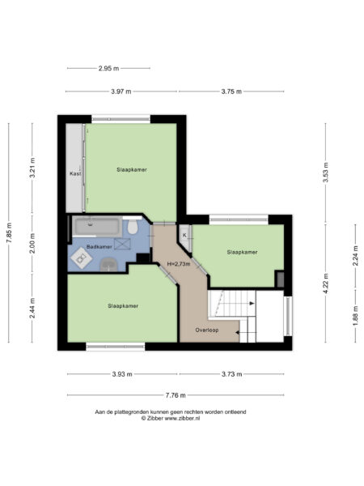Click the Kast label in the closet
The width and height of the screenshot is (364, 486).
click(74, 173)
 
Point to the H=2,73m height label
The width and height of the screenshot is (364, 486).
click(178, 264)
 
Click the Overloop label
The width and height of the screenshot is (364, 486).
click(207, 330)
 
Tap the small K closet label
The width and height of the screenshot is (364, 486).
click(184, 235)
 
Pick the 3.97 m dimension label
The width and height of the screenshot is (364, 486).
click(122, 92)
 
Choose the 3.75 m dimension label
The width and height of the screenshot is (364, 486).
click(231, 92)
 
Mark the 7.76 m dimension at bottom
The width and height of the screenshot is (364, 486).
click(176, 395)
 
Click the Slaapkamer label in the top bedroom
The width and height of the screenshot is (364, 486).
click(131, 169)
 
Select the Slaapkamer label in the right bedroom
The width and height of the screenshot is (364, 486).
click(243, 253)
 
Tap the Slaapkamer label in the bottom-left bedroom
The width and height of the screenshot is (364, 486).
click(122, 306)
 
